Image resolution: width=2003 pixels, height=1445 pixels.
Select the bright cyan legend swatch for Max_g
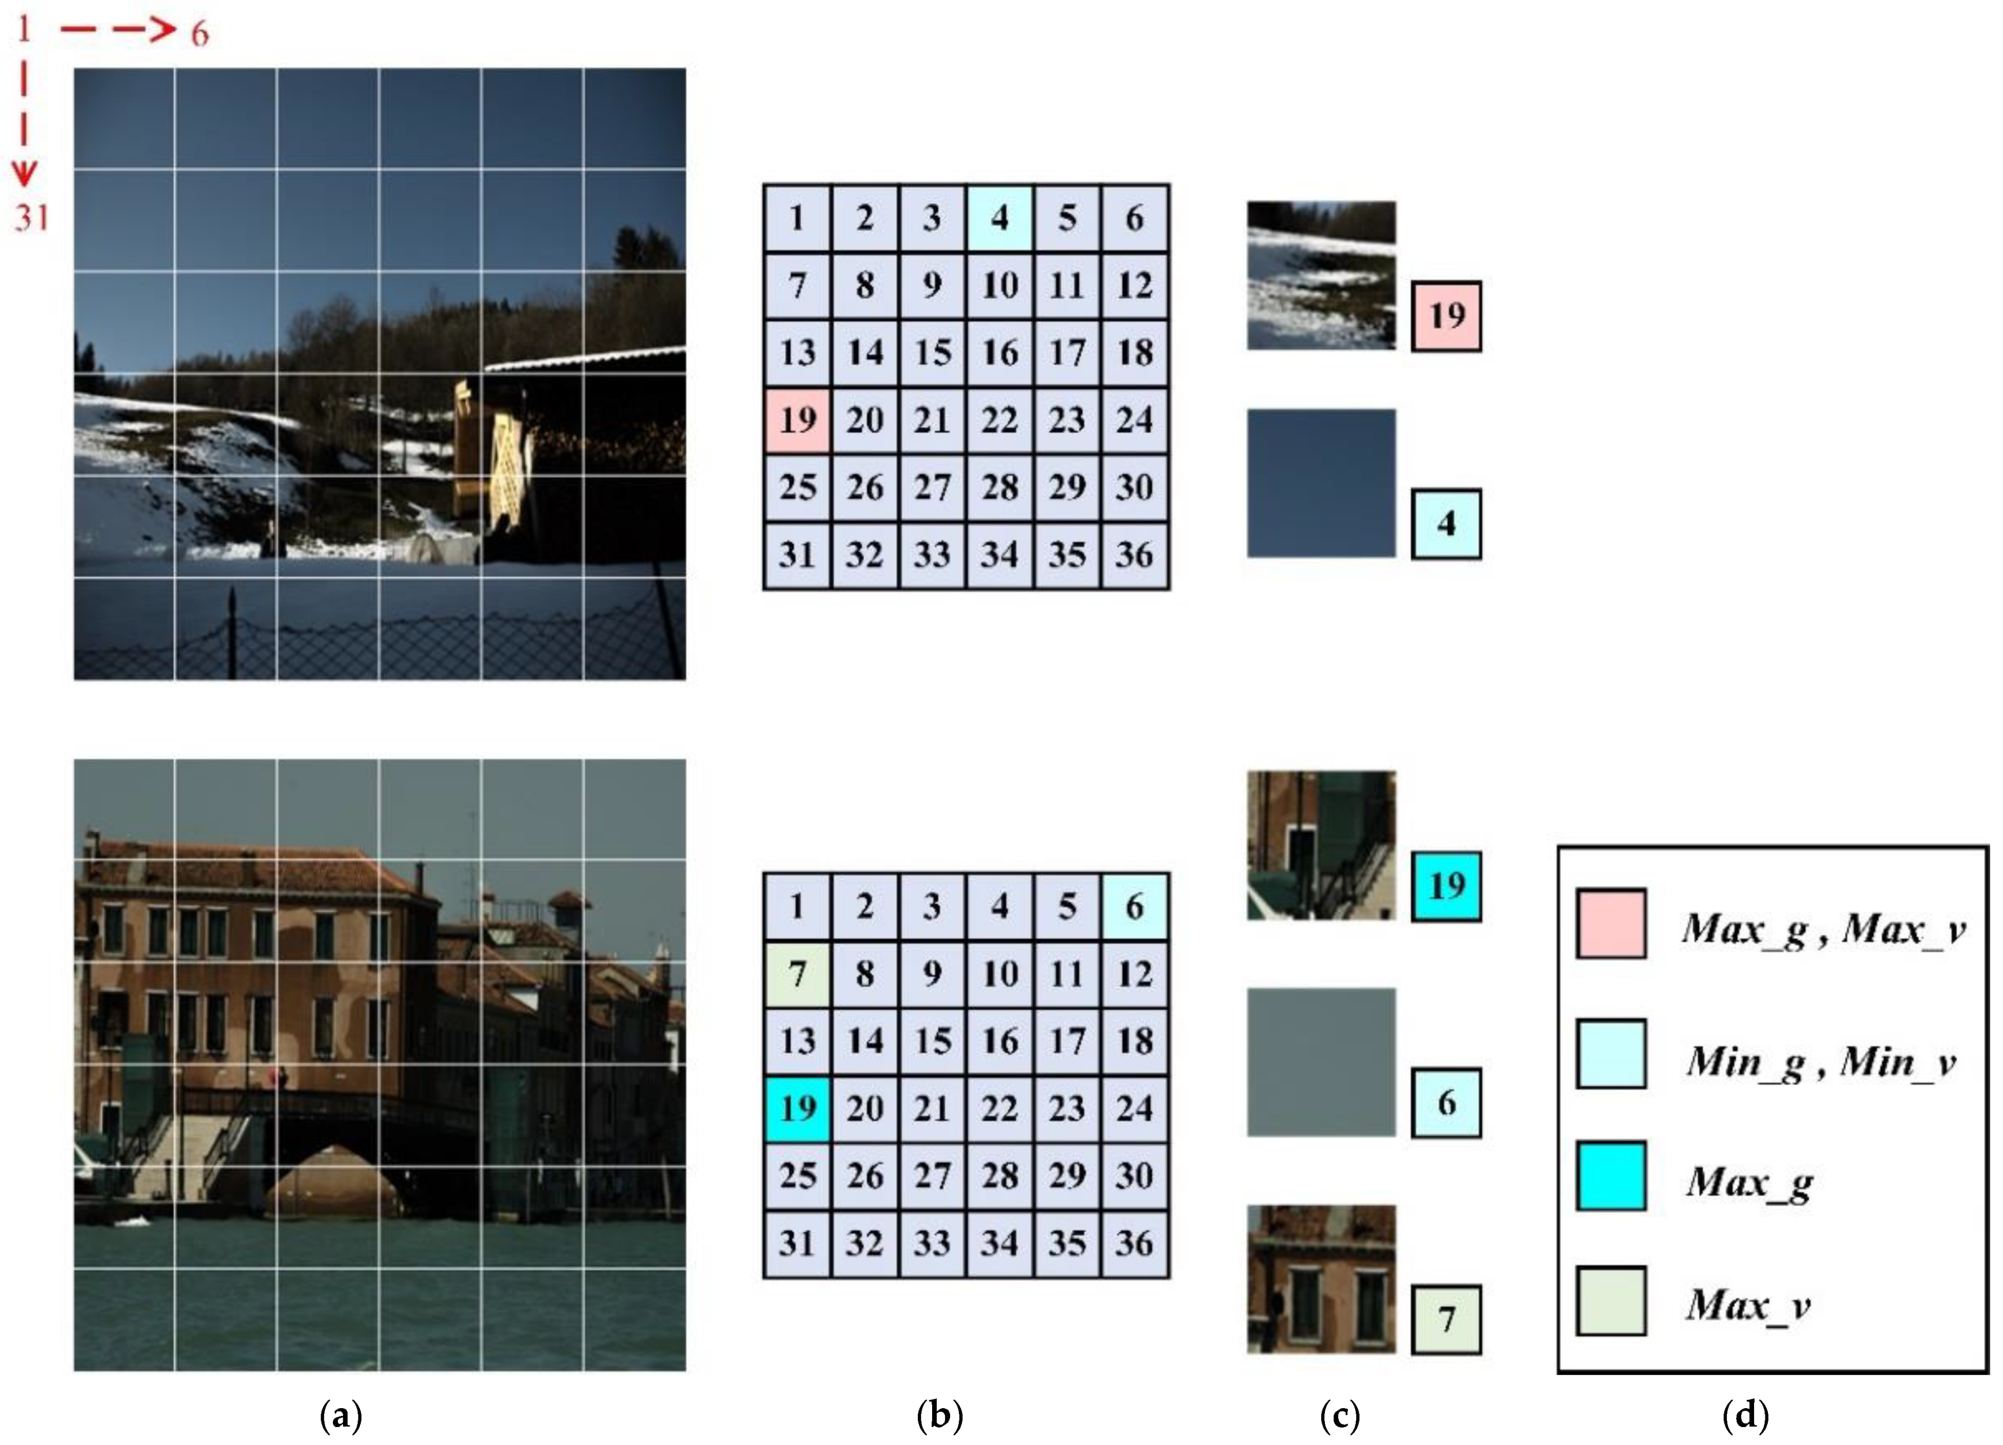1611,1177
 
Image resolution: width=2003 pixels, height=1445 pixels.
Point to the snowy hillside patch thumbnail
1321,275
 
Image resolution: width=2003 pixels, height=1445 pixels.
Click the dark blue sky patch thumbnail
1321,483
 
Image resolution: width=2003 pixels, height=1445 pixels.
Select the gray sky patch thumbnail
1321,1061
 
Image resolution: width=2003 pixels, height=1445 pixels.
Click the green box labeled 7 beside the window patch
1446,1320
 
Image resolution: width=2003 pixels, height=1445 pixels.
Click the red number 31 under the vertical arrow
32,217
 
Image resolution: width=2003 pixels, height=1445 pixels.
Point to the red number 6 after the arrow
200,34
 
